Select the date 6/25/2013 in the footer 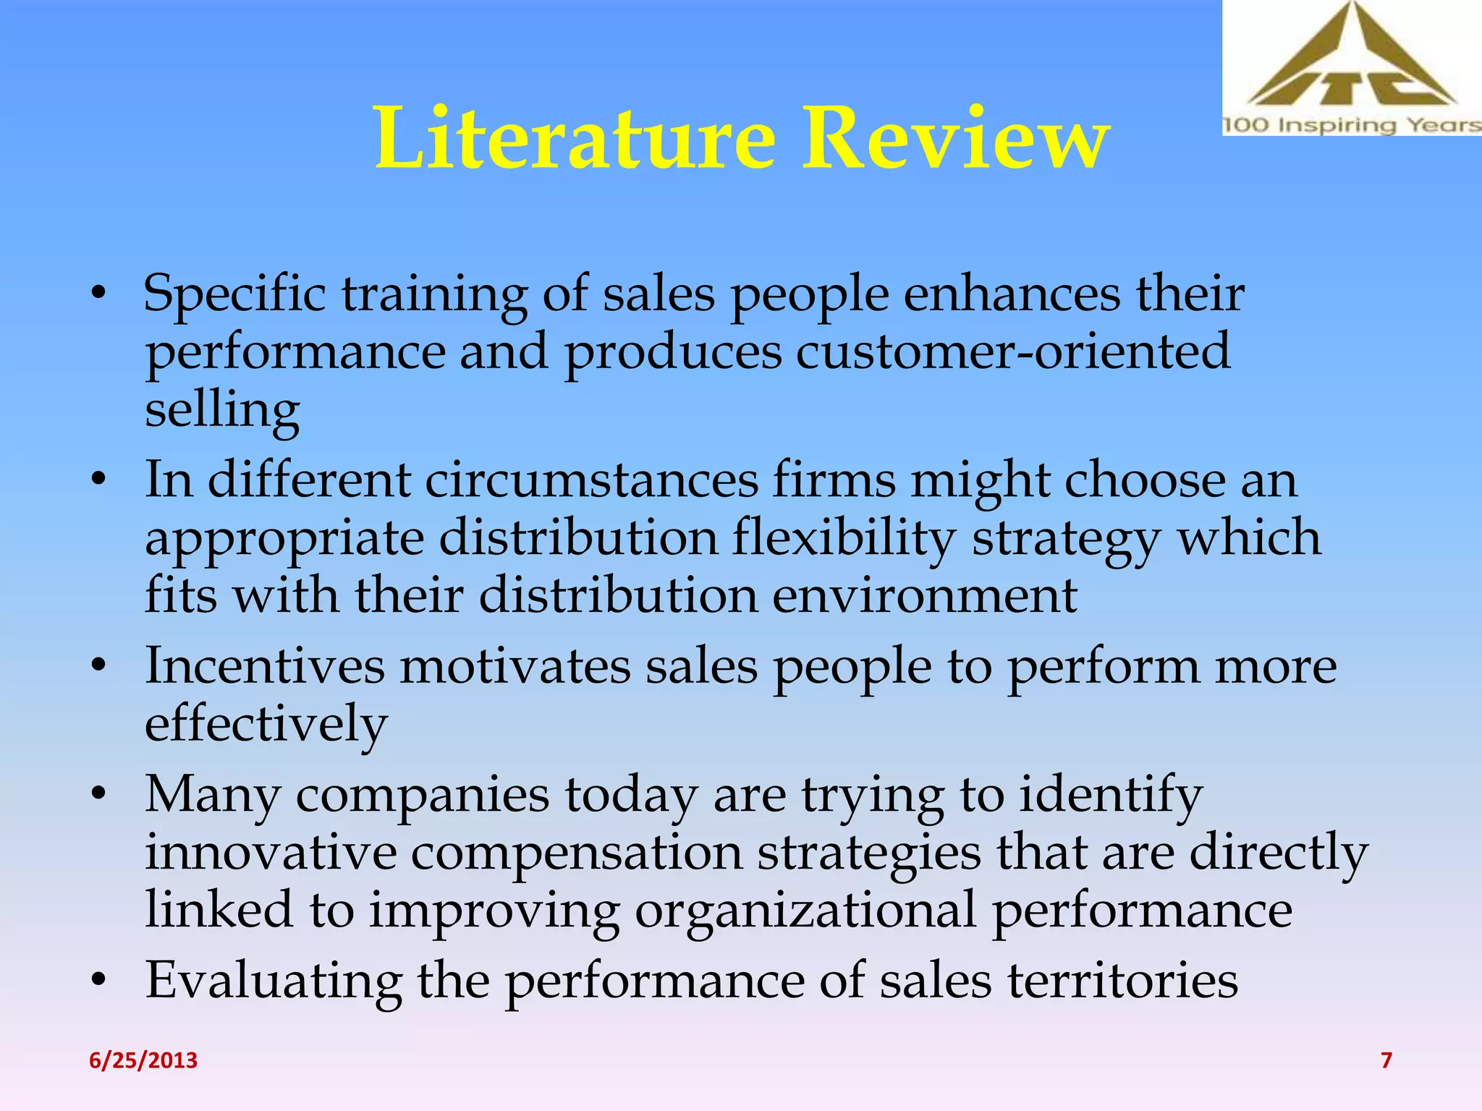[x=143, y=1060]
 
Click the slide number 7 [x=1386, y=1060]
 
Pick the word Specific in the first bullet [x=234, y=295]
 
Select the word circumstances [x=591, y=480]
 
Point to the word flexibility [x=844, y=539]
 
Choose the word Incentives [x=265, y=666]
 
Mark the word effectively [x=266, y=724]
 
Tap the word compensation [x=577, y=853]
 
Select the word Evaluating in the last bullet [x=274, y=982]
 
